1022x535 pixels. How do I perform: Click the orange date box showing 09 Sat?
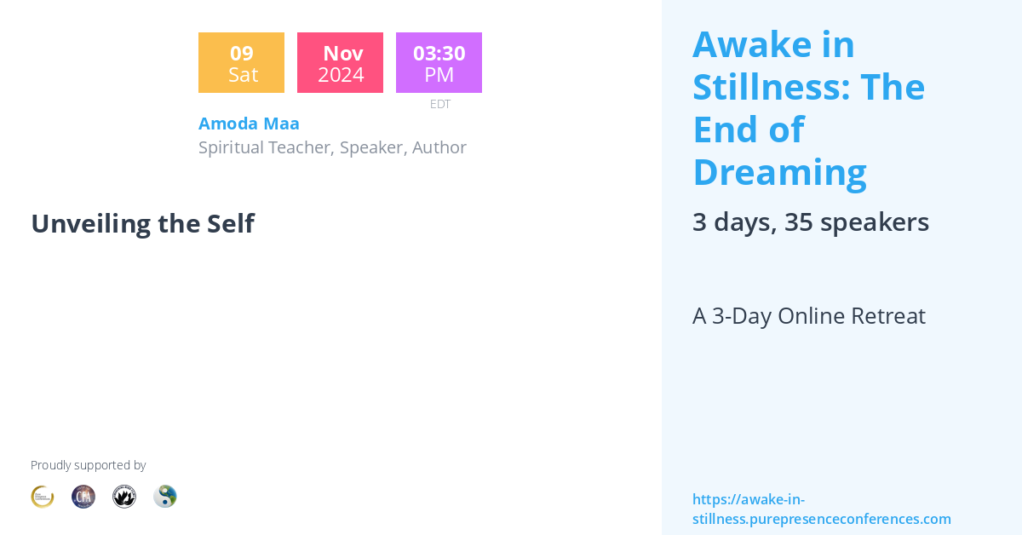pyautogui.click(x=241, y=63)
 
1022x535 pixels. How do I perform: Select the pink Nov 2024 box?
pyautogui.click(x=340, y=63)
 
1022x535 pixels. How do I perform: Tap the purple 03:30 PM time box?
pyautogui.click(x=439, y=63)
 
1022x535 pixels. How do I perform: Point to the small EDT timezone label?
pyautogui.click(x=439, y=104)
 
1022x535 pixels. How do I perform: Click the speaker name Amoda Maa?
pyautogui.click(x=249, y=124)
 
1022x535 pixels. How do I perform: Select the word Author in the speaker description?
pyautogui.click(x=439, y=147)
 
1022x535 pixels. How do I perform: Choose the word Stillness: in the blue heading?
pyautogui.click(x=770, y=87)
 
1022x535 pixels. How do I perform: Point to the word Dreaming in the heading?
pyautogui.click(x=779, y=172)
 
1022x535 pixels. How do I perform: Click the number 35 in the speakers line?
pyautogui.click(x=798, y=222)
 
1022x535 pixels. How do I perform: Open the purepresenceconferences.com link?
pyautogui.click(x=821, y=509)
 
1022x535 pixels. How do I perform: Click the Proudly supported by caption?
pyautogui.click(x=88, y=465)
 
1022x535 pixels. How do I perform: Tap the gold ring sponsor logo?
pyautogui.click(x=43, y=497)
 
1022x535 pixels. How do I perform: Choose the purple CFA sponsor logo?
pyautogui.click(x=83, y=497)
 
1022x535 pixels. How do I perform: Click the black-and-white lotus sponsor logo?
pyautogui.click(x=124, y=497)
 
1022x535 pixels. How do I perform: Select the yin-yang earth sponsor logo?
pyautogui.click(x=165, y=497)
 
